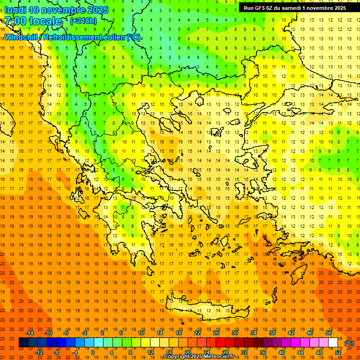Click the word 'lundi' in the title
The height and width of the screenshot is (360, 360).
[x=15, y=10]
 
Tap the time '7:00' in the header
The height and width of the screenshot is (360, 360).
[x=15, y=21]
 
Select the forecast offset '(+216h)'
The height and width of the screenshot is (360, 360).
[x=83, y=21]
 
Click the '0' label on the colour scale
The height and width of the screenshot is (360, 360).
[x=92, y=352]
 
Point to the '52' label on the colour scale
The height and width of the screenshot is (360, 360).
[x=338, y=352]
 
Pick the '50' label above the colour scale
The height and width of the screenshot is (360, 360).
[x=328, y=333]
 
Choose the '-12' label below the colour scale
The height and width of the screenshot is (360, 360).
[x=39, y=352]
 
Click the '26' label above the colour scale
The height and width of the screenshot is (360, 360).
[x=216, y=333]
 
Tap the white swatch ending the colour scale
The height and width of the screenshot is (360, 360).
[x=333, y=343]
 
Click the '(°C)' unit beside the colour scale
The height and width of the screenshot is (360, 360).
[x=349, y=343]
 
